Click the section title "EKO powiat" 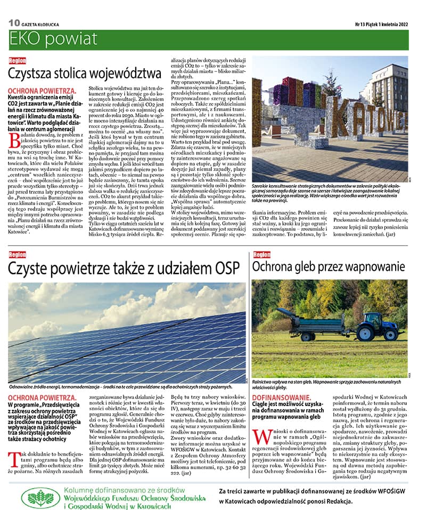tap(53, 39)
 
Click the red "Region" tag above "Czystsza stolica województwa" tap(17, 60)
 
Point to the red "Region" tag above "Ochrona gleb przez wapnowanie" tap(261, 254)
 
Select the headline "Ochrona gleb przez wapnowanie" tap(329, 267)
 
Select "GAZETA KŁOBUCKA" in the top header tap(40, 24)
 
